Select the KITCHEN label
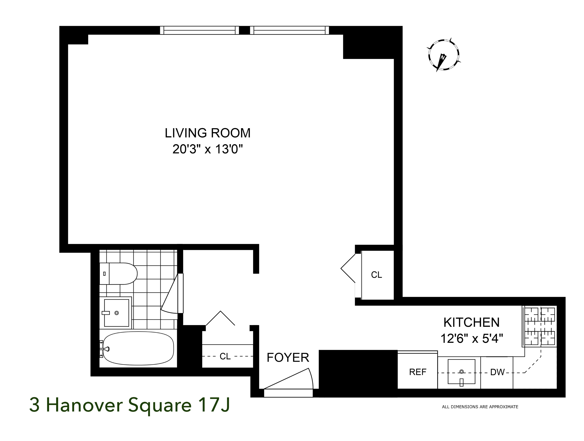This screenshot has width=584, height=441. tap(471, 323)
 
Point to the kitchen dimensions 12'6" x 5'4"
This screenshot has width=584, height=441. tap(471, 338)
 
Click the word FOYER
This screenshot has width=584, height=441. tap(288, 358)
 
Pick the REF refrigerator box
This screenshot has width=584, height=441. tap(417, 372)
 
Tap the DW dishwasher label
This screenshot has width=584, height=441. tap(497, 372)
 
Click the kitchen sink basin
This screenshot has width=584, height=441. tap(461, 372)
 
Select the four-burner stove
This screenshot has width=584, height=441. tap(540, 326)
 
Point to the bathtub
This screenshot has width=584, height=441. tap(138, 348)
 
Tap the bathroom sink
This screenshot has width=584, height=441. tap(116, 313)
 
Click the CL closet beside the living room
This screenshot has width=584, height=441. tap(376, 275)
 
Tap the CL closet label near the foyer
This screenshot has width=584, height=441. tap(225, 356)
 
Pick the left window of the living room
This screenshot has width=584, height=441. tap(199, 30)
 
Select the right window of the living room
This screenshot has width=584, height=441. tap(289, 30)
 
